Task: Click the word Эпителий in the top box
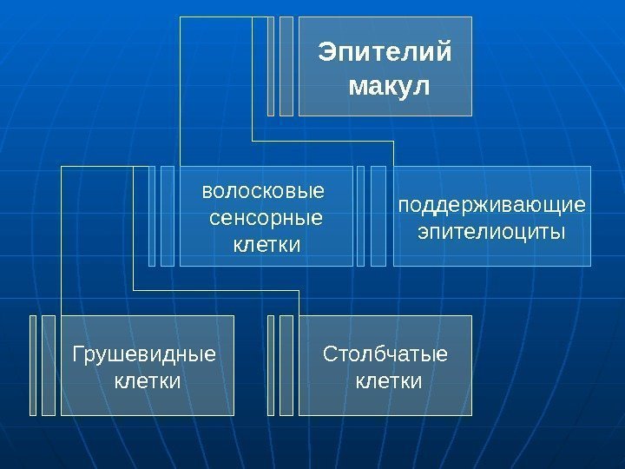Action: [385, 53]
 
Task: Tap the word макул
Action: [387, 87]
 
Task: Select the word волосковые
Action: [262, 190]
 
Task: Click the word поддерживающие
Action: [491, 206]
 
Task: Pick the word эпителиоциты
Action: [491, 233]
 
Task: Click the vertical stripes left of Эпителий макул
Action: [281, 66]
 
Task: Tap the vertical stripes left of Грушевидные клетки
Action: [43, 365]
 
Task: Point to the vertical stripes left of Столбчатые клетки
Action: [281, 365]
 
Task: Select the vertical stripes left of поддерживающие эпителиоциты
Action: [377, 216]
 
